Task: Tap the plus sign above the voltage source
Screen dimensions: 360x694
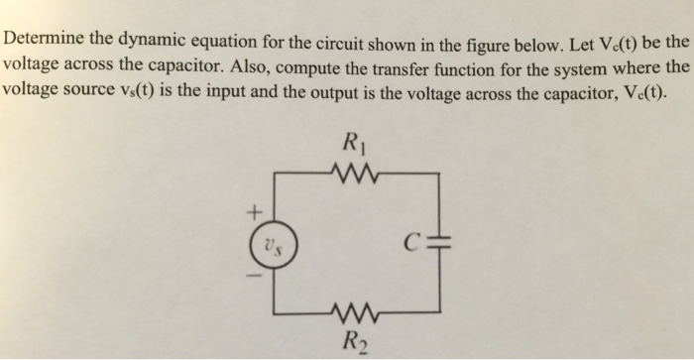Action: point(254,210)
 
